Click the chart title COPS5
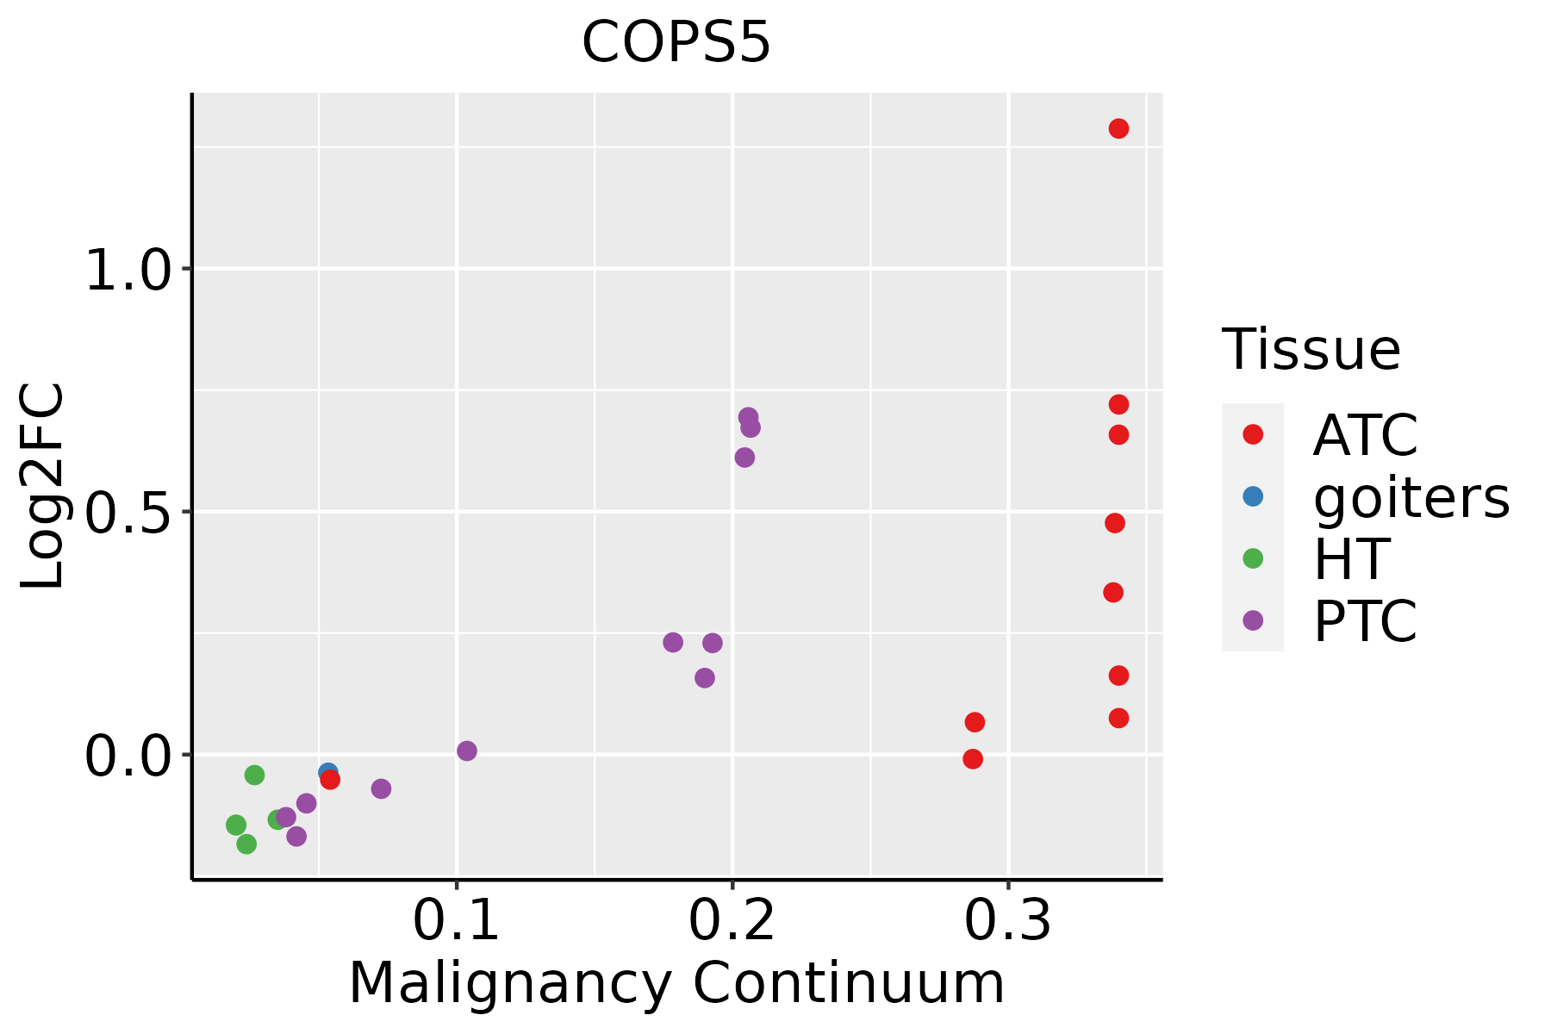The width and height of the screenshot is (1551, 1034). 676,43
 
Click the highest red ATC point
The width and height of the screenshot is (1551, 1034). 1118,129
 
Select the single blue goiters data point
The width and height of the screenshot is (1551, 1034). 327,771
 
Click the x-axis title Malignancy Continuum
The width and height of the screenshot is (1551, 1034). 676,983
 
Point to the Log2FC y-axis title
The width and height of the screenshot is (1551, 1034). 43,487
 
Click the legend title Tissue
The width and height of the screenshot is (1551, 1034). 1311,350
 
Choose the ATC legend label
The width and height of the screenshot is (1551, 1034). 1365,435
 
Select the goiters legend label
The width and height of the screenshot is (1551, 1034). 1411,497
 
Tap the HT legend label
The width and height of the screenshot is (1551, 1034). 1350,559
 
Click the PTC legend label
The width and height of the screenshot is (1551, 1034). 1365,621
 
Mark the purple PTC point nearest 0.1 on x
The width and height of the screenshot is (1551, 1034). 466,751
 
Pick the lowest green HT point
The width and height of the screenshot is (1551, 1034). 246,844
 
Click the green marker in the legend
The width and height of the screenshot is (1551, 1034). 1253,558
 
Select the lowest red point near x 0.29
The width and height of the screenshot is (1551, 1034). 973,759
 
